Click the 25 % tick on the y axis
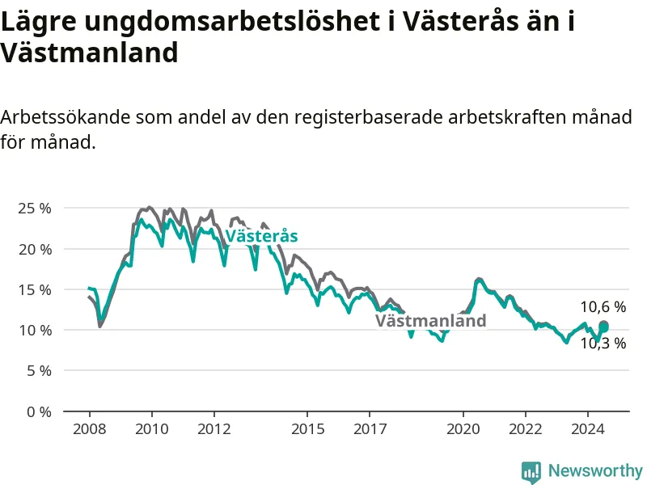tap(35, 209)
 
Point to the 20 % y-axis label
tap(35, 249)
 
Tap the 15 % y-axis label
tap(35, 289)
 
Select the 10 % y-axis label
tap(35, 331)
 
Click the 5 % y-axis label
tap(39, 371)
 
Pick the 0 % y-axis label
tap(39, 411)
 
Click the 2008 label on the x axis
tap(90, 429)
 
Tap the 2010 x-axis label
tap(152, 429)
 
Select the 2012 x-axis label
tap(214, 429)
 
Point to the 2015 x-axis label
tap(308, 429)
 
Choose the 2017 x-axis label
tap(370, 429)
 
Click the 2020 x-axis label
tap(463, 429)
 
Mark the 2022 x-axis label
tap(526, 429)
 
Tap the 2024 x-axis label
tap(588, 429)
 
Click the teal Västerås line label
tap(261, 236)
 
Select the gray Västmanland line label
tap(431, 320)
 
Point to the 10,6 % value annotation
tap(603, 307)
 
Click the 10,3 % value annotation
tap(603, 343)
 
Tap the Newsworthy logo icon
tap(531, 472)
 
